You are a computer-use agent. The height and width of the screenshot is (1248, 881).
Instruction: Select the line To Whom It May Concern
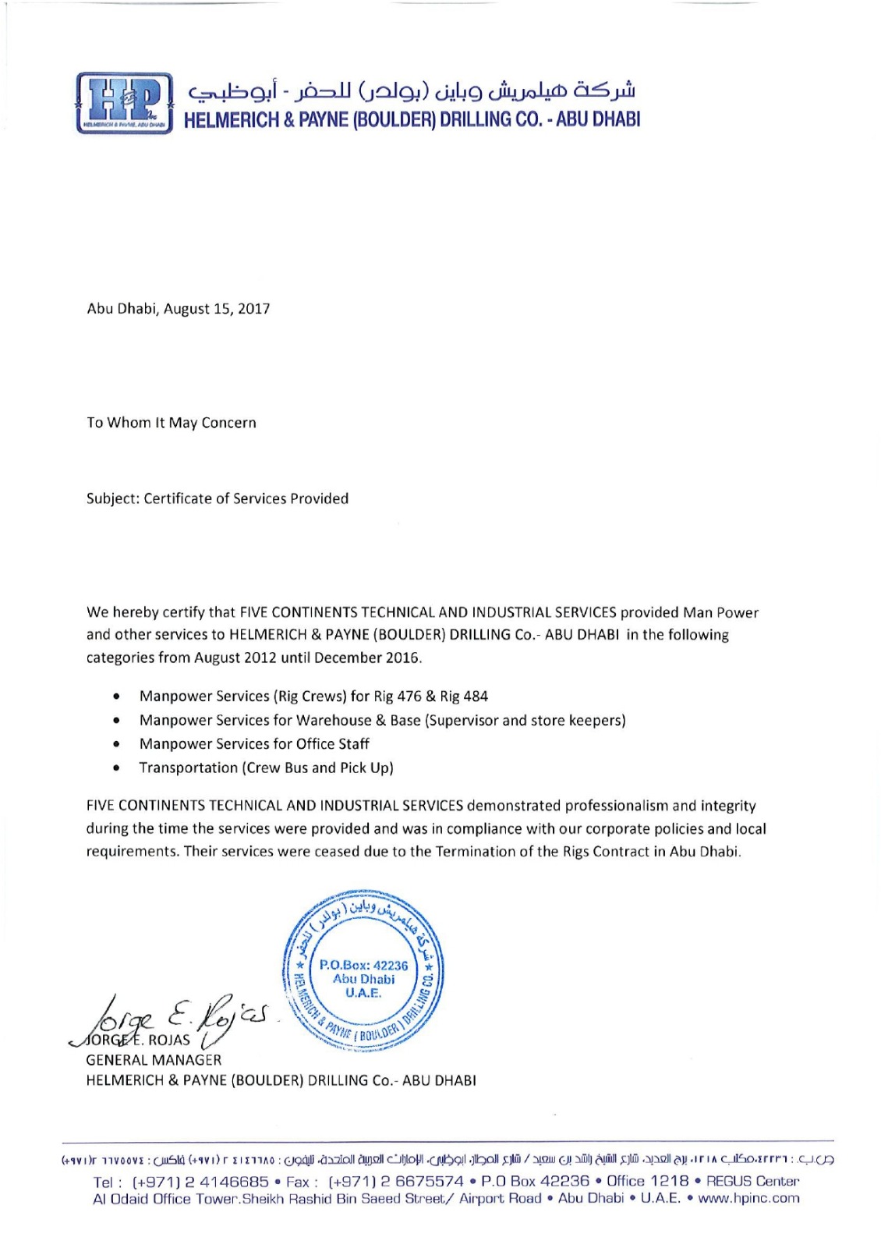(172, 423)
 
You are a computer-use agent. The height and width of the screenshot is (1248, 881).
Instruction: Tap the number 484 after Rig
(476, 697)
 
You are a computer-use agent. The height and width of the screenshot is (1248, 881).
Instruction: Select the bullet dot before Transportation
(116, 768)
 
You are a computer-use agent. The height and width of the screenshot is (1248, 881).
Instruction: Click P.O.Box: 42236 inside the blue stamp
(363, 966)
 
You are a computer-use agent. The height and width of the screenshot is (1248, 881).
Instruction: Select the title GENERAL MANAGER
(154, 1060)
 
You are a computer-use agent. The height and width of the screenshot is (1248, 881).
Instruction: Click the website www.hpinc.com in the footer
(748, 1199)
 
